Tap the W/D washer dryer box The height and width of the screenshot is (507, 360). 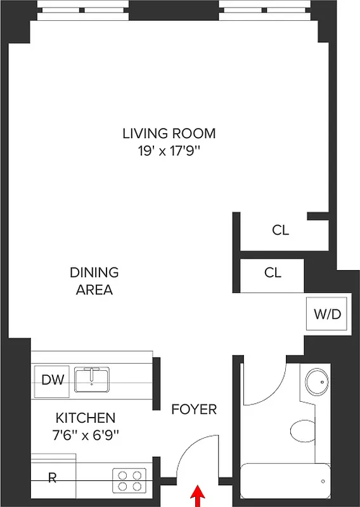327,314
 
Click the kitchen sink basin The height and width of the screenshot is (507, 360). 92,380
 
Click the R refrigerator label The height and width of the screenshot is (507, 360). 53,478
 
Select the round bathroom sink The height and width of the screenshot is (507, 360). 316,382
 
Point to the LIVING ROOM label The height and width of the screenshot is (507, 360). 169,134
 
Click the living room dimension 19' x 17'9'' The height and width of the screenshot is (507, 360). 169,151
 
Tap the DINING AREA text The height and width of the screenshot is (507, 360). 94,281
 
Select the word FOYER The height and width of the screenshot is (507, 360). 194,409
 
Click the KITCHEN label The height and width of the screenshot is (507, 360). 86,418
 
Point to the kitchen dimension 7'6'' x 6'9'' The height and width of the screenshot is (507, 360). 86,435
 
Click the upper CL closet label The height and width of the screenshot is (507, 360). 280,231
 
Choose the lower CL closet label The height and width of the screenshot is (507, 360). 273,273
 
